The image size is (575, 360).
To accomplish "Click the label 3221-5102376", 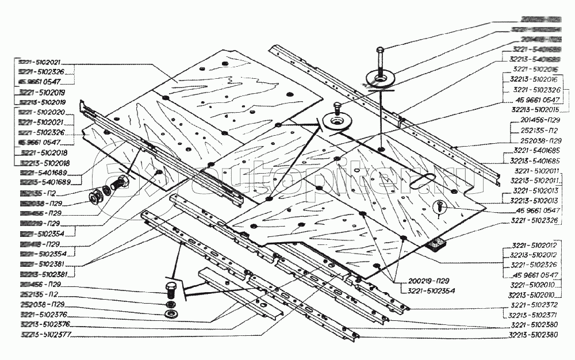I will coord(43,315).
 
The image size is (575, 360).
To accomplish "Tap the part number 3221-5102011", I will coord(536,171).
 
